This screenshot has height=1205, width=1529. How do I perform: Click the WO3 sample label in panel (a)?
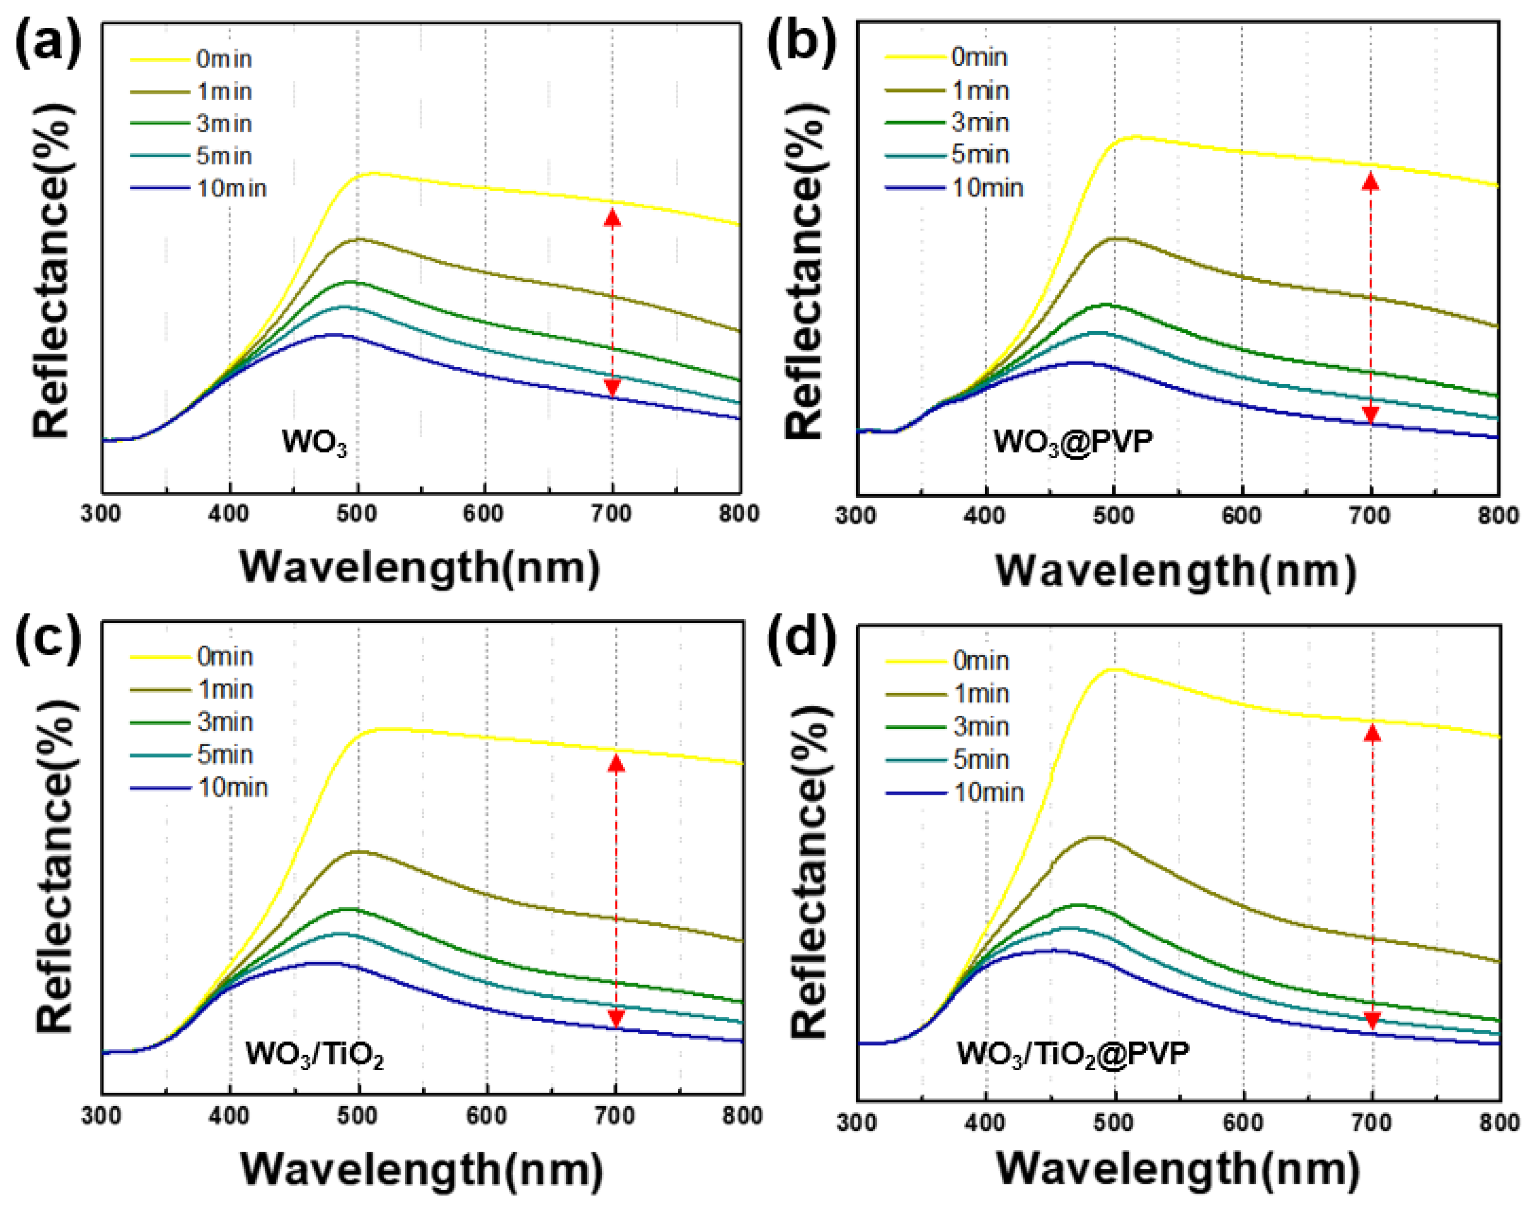(x=314, y=443)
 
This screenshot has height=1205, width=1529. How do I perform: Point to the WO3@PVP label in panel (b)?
(x=1072, y=443)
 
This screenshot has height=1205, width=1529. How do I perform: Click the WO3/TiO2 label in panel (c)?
(x=314, y=1055)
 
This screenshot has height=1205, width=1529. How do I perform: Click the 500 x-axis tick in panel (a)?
(x=357, y=514)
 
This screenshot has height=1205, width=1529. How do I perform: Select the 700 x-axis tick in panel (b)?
(x=1369, y=516)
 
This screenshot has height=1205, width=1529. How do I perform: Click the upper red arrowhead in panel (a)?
(x=613, y=217)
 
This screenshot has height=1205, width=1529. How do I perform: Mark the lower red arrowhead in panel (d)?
(x=1372, y=1021)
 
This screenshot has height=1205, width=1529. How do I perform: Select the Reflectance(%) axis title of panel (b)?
(x=805, y=272)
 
